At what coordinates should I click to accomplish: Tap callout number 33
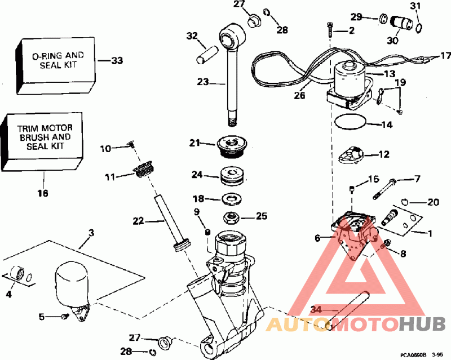[117, 60]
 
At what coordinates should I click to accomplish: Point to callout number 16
[43, 193]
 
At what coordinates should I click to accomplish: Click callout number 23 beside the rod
[202, 82]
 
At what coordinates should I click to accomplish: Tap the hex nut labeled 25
[230, 216]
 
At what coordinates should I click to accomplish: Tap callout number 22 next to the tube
[138, 221]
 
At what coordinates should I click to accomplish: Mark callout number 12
[384, 154]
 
